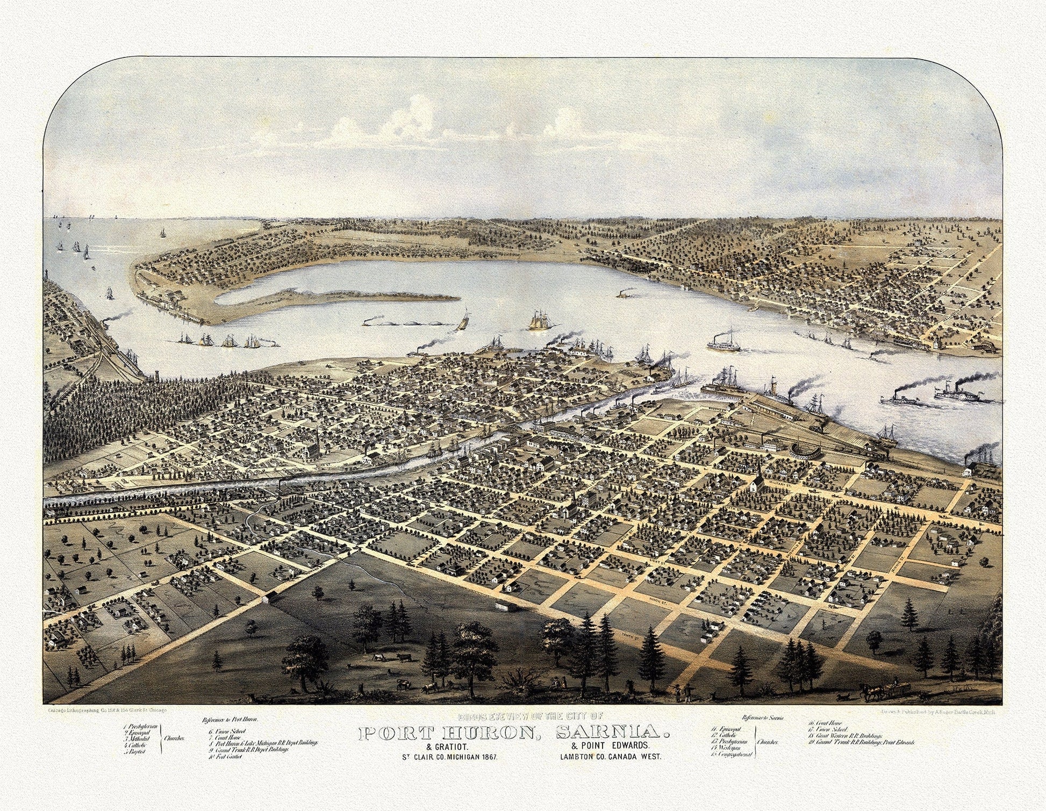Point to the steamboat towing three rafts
click(x=371, y=323)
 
